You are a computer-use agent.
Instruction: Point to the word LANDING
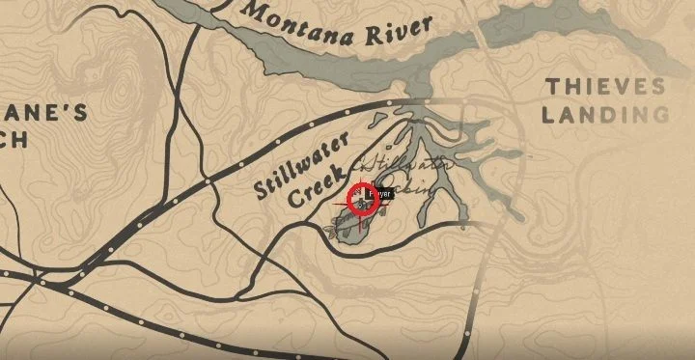604,115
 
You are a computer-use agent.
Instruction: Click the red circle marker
364,201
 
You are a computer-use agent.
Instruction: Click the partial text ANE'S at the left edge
43,113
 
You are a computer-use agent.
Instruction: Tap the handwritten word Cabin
410,189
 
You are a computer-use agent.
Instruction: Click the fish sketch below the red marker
345,228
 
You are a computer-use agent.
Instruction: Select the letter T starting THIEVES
551,87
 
